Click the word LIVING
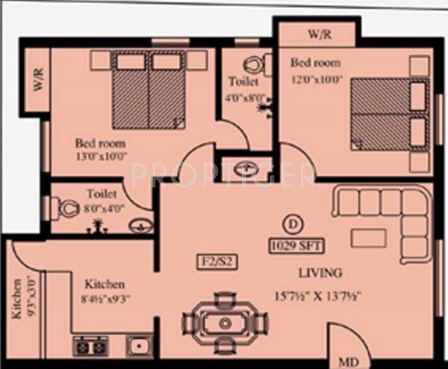(320, 272)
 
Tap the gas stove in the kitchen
(90, 346)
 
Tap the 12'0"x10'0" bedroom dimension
(317, 79)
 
